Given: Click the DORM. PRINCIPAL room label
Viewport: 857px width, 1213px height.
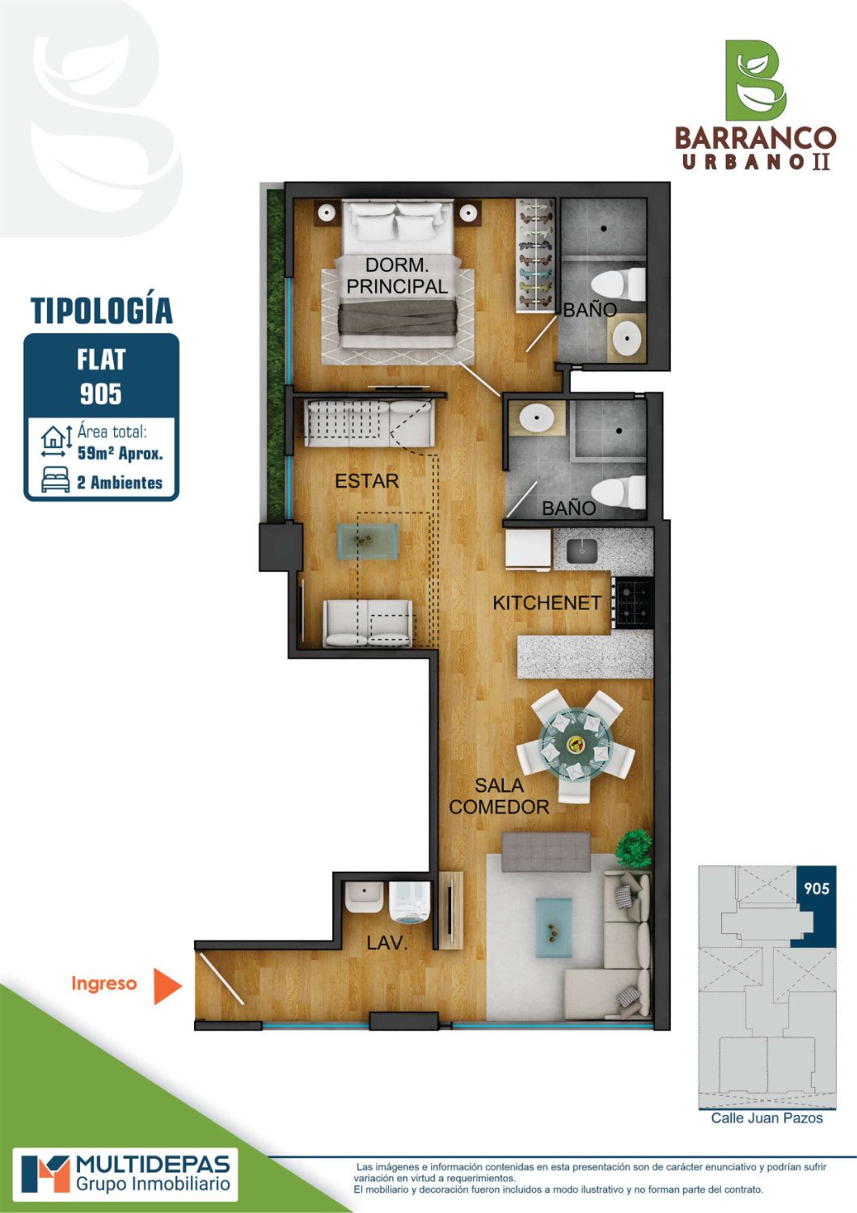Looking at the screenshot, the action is [x=397, y=276].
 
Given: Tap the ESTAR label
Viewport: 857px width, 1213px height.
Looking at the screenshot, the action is [x=366, y=481].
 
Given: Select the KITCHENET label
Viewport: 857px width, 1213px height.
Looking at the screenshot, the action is [x=547, y=602].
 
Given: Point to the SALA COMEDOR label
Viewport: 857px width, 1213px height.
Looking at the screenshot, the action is [x=499, y=796].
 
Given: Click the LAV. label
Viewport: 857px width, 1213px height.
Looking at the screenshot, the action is [x=386, y=943].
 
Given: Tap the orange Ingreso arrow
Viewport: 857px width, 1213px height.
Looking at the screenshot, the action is [x=167, y=986].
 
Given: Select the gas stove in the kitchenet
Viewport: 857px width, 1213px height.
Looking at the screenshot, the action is [x=633, y=602].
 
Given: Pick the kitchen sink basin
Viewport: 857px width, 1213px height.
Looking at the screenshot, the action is [x=582, y=551].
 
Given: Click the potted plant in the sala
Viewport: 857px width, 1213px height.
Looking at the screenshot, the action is [x=634, y=848].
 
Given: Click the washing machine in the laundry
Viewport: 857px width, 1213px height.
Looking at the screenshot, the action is [x=410, y=902].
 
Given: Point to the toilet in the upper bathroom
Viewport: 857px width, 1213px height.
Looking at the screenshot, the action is [x=618, y=285].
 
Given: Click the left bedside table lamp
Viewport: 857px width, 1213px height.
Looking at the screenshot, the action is [x=327, y=213].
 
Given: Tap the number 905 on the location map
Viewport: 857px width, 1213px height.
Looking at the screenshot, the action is [x=817, y=888].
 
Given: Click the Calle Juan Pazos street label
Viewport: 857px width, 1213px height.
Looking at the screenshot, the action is [x=766, y=1118].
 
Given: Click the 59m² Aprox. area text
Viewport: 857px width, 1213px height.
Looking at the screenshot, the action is [x=120, y=453].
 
